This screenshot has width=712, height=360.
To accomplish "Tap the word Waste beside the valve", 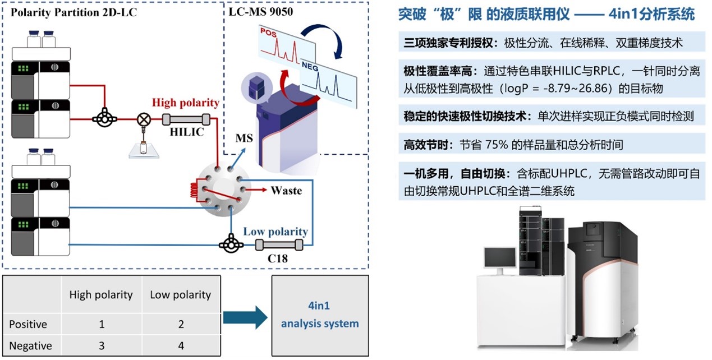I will point(286,191).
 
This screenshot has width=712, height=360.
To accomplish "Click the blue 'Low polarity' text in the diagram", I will point(275,232).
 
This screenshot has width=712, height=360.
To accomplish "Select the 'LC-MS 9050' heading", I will point(260,11).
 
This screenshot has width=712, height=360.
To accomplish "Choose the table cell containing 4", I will point(181,345).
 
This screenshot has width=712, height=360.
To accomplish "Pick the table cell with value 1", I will point(101,324).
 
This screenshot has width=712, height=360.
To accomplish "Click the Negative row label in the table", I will point(31,345).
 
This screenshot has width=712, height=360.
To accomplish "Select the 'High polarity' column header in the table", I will point(101,294).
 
